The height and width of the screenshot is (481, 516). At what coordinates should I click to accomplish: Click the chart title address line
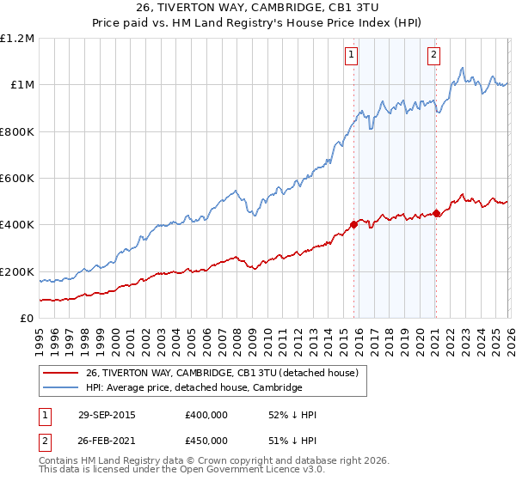[258, 9]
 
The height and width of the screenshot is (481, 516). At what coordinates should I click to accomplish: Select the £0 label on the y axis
[28, 319]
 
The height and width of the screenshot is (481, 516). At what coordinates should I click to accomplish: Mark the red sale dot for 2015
[353, 225]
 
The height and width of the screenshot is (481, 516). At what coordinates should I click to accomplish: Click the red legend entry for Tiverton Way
[227, 373]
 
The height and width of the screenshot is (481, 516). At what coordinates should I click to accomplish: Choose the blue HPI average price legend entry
[193, 387]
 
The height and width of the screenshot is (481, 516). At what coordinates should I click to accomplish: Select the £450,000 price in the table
[206, 441]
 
